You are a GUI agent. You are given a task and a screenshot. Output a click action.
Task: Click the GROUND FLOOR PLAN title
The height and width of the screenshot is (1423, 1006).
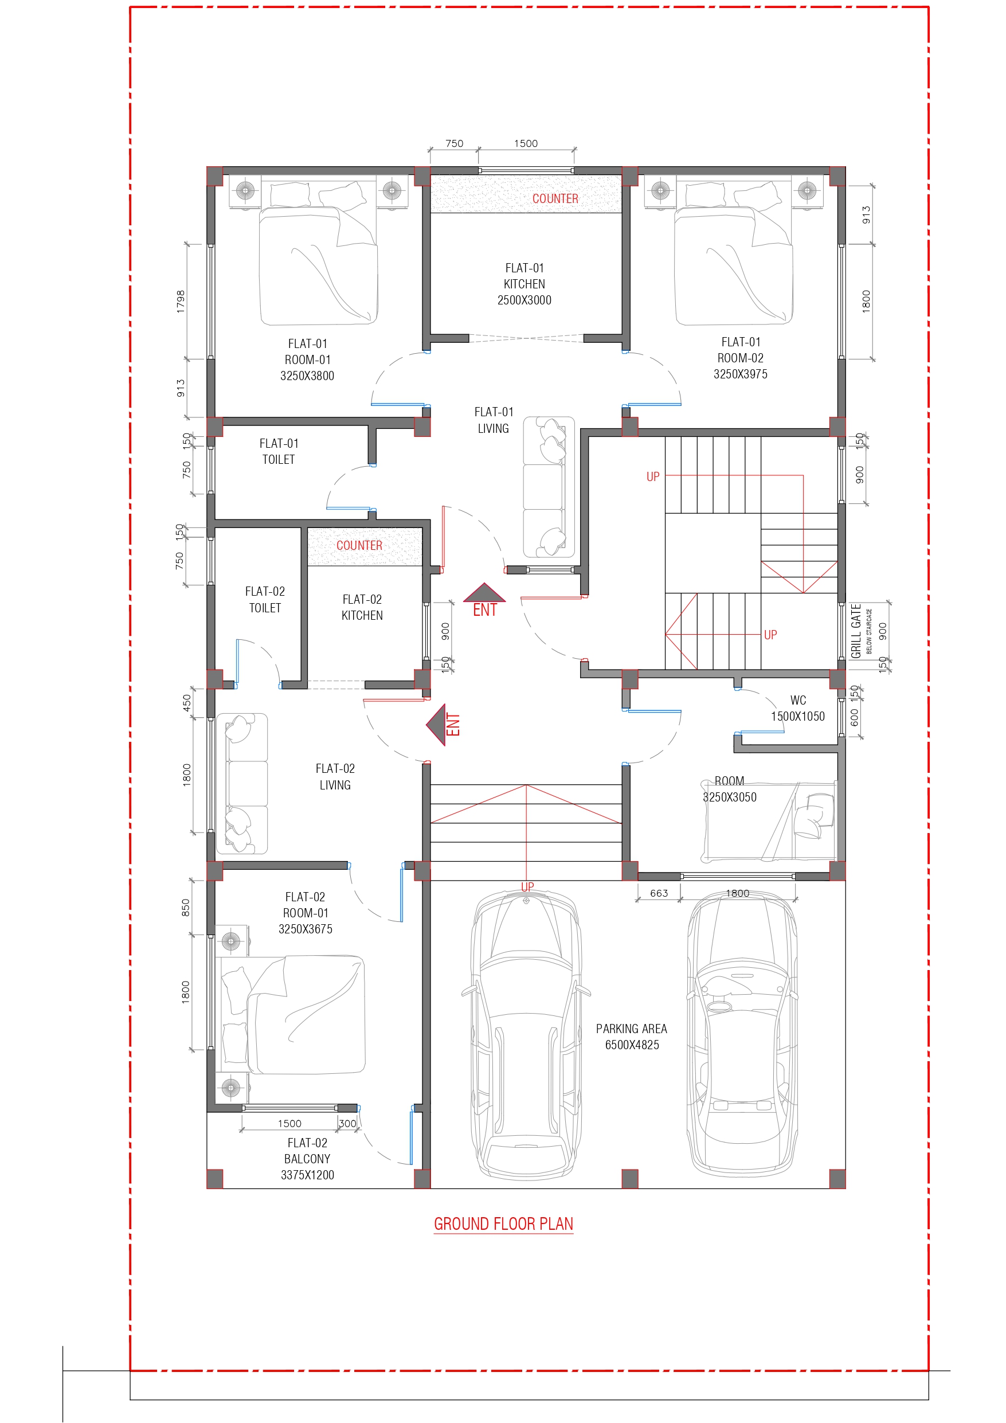point(503,1223)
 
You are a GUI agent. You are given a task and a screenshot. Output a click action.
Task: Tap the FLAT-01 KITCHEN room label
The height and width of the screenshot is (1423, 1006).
point(524,284)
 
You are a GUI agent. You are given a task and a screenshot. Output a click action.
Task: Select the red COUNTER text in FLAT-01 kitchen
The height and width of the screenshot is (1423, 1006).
point(555,198)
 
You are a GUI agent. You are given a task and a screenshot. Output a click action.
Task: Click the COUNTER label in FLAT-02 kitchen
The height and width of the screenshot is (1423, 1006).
point(359,545)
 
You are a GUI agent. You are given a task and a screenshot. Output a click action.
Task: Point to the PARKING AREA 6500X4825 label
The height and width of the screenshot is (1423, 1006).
point(632,1036)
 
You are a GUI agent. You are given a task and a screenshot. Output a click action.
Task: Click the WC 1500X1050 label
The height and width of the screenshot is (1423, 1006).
point(798,708)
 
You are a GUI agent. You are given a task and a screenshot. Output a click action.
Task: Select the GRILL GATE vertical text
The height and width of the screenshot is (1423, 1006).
point(856,630)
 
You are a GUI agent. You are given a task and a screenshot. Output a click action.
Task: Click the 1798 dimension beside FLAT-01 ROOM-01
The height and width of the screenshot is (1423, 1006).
point(181,301)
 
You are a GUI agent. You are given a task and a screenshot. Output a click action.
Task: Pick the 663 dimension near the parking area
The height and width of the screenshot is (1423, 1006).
point(659,893)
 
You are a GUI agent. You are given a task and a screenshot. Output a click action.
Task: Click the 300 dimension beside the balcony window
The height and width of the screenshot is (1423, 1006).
point(348,1123)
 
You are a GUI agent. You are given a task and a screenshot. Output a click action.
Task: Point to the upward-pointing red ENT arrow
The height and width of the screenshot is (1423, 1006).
point(485,594)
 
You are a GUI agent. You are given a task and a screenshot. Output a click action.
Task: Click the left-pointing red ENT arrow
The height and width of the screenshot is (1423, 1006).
point(437,725)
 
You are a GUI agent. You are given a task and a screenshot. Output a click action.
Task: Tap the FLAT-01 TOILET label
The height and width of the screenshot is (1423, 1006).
point(279,451)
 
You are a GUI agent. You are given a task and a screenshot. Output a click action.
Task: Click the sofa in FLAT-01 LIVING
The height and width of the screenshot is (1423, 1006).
point(548,487)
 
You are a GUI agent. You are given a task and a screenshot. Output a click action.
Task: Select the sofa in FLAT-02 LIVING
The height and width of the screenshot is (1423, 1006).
point(242,783)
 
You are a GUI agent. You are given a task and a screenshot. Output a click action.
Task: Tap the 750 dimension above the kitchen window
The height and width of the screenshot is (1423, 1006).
point(455,143)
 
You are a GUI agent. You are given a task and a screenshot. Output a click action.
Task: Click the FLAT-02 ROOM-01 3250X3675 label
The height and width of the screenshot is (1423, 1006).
point(305,912)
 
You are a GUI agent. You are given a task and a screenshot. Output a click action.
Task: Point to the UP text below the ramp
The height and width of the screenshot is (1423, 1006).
point(527,887)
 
